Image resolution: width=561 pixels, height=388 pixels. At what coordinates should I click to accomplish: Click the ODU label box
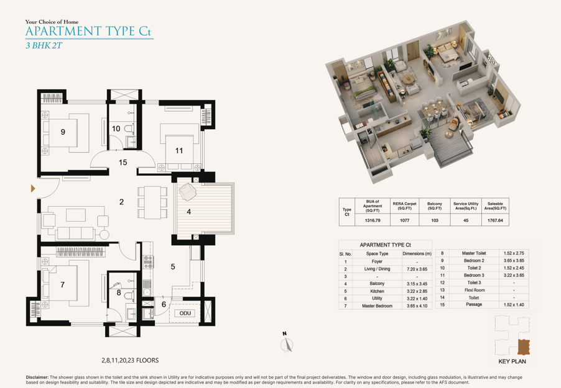tap(185, 314)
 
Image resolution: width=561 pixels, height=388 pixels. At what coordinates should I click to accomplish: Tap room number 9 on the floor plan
tap(63, 132)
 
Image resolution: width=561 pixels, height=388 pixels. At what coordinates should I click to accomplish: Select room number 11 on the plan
tap(179, 151)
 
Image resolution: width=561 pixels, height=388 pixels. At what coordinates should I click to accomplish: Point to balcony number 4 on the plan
tap(189, 212)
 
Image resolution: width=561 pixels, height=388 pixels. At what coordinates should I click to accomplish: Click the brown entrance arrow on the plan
tap(33, 188)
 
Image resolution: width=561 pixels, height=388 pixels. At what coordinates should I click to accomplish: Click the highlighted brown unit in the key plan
tap(524, 346)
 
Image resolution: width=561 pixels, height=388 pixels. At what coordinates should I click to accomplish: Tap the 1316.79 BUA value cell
tap(373, 220)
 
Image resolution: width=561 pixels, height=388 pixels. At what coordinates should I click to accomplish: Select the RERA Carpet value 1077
tap(405, 220)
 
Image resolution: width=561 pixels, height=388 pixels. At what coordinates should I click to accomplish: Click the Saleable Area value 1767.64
tap(495, 220)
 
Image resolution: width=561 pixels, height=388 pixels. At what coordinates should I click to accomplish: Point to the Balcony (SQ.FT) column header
tap(435, 205)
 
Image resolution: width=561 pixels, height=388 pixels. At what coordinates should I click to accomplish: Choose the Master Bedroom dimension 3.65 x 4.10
tap(417, 306)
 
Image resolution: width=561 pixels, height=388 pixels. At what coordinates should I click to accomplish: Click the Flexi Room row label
tap(475, 290)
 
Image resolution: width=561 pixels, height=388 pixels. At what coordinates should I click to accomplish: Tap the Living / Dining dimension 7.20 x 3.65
tap(417, 269)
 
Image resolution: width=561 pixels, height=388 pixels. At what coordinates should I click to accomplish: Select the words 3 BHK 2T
tap(44, 45)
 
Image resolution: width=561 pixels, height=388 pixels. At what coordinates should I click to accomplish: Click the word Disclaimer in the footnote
tap(37, 377)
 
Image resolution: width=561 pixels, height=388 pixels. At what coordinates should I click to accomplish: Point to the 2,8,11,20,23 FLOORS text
tap(130, 360)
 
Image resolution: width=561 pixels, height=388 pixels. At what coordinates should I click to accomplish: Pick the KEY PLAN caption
tap(512, 361)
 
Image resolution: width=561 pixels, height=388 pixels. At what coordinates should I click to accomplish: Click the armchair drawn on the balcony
tap(187, 192)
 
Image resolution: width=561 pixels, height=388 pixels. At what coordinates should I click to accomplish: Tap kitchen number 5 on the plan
tap(173, 266)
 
